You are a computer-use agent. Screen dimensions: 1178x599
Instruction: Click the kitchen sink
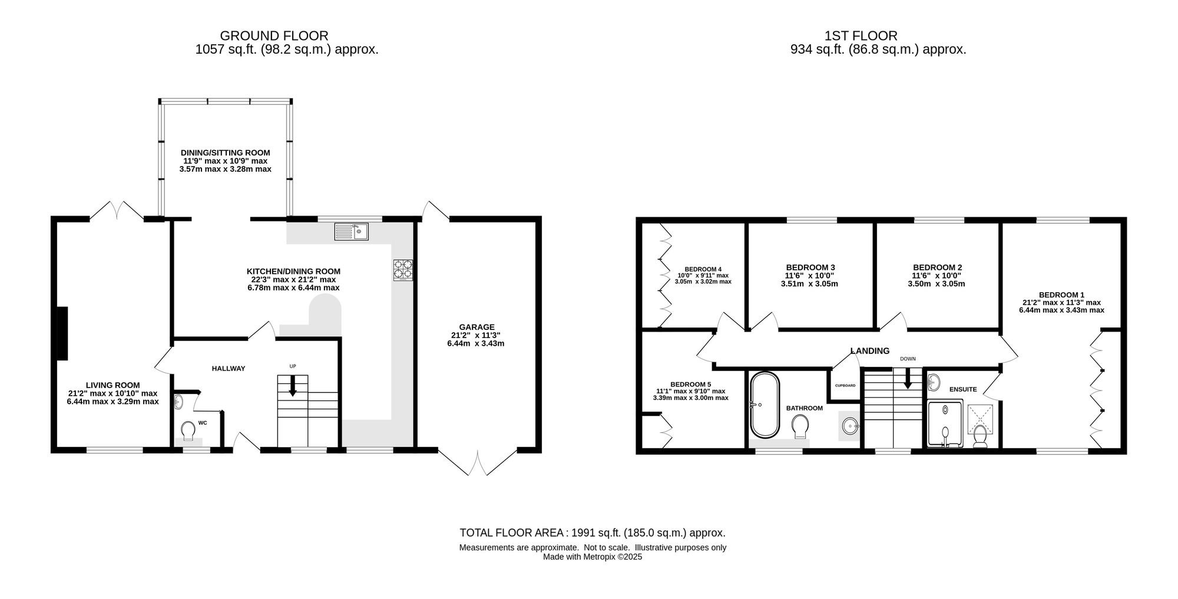pyautogui.click(x=352, y=231)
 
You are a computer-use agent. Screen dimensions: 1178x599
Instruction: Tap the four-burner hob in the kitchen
pyautogui.click(x=403, y=270)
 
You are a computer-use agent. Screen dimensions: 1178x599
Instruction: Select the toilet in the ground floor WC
pyautogui.click(x=188, y=431)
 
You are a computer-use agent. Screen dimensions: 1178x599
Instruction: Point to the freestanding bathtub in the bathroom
pyautogui.click(x=765, y=405)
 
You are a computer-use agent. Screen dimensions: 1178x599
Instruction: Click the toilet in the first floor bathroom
pyautogui.click(x=800, y=426)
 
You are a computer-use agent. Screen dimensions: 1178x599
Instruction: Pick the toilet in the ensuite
pyautogui.click(x=981, y=436)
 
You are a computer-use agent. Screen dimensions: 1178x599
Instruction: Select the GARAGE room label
pyautogui.click(x=477, y=327)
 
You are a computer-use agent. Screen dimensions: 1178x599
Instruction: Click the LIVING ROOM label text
pyautogui.click(x=112, y=385)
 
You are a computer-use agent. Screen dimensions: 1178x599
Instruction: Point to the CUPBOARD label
pyautogui.click(x=845, y=386)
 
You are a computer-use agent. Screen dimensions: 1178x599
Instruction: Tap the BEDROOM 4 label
pyautogui.click(x=703, y=269)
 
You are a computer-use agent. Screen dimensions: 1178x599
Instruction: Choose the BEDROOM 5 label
pyautogui.click(x=690, y=384)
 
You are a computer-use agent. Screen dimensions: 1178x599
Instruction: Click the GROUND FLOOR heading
pyautogui.click(x=274, y=37)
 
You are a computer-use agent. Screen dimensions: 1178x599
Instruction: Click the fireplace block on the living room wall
pyautogui.click(x=61, y=333)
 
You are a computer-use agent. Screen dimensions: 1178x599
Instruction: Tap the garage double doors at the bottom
pyautogui.click(x=478, y=462)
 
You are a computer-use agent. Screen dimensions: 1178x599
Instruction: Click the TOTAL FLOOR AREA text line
pyautogui.click(x=593, y=533)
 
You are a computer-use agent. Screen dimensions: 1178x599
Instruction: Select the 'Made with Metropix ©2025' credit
pyautogui.click(x=593, y=557)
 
